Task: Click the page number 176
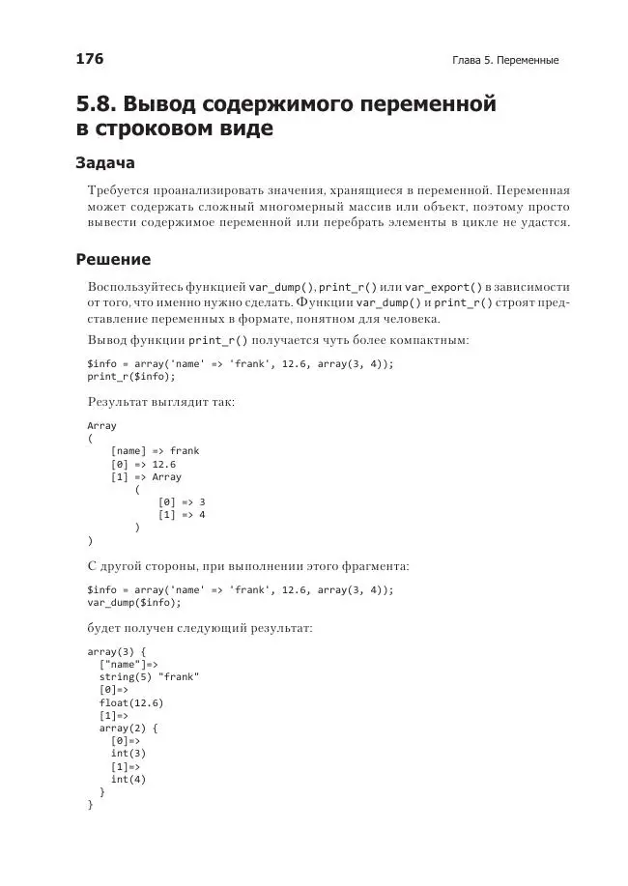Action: pos(90,59)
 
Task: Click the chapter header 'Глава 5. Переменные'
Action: pos(505,60)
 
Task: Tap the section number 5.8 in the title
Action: pos(97,103)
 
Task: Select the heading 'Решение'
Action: pos(113,259)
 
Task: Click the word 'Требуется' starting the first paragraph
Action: pos(117,189)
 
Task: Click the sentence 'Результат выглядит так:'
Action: pos(161,401)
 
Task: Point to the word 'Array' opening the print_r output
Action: pos(101,425)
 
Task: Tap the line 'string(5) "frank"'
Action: pos(149,677)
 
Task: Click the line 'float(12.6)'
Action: pos(130,702)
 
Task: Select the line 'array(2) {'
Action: pos(128,728)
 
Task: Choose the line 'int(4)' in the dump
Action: pos(128,779)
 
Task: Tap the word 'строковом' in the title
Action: pos(170,128)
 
